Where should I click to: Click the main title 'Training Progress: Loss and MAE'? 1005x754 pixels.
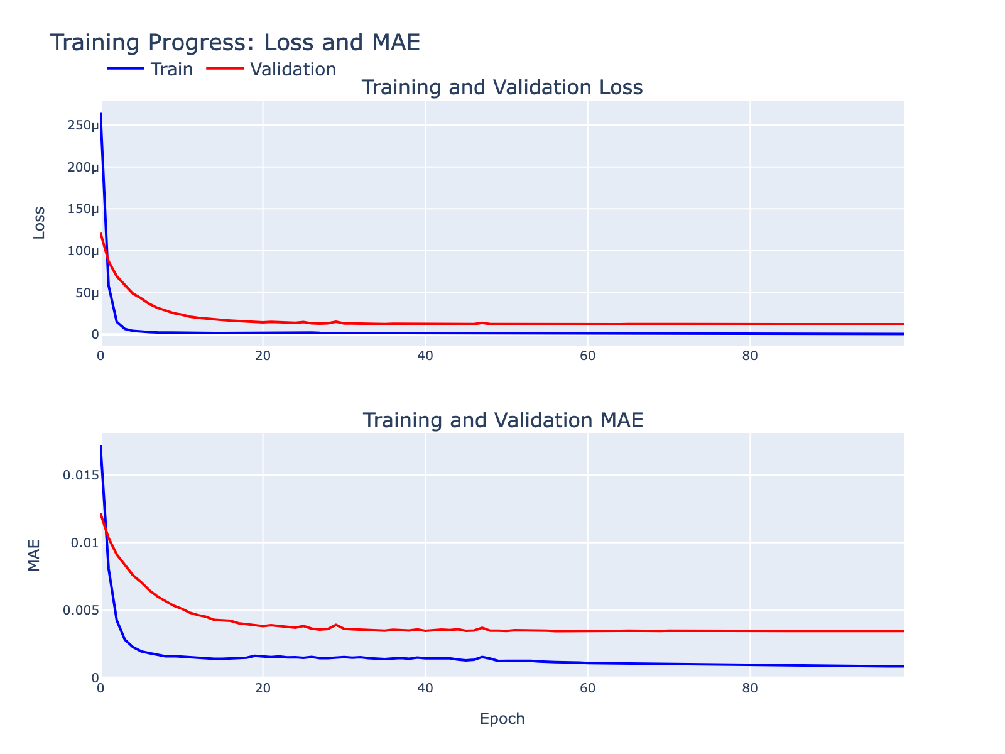(235, 43)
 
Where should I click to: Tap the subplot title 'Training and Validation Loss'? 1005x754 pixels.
(502, 87)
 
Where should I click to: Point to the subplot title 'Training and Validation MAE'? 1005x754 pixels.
(503, 420)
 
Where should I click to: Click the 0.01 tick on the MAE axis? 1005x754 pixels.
(85, 543)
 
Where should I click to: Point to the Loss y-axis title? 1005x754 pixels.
(39, 222)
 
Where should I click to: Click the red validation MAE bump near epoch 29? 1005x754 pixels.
(336, 625)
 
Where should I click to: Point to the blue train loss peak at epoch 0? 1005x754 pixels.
(101, 114)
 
